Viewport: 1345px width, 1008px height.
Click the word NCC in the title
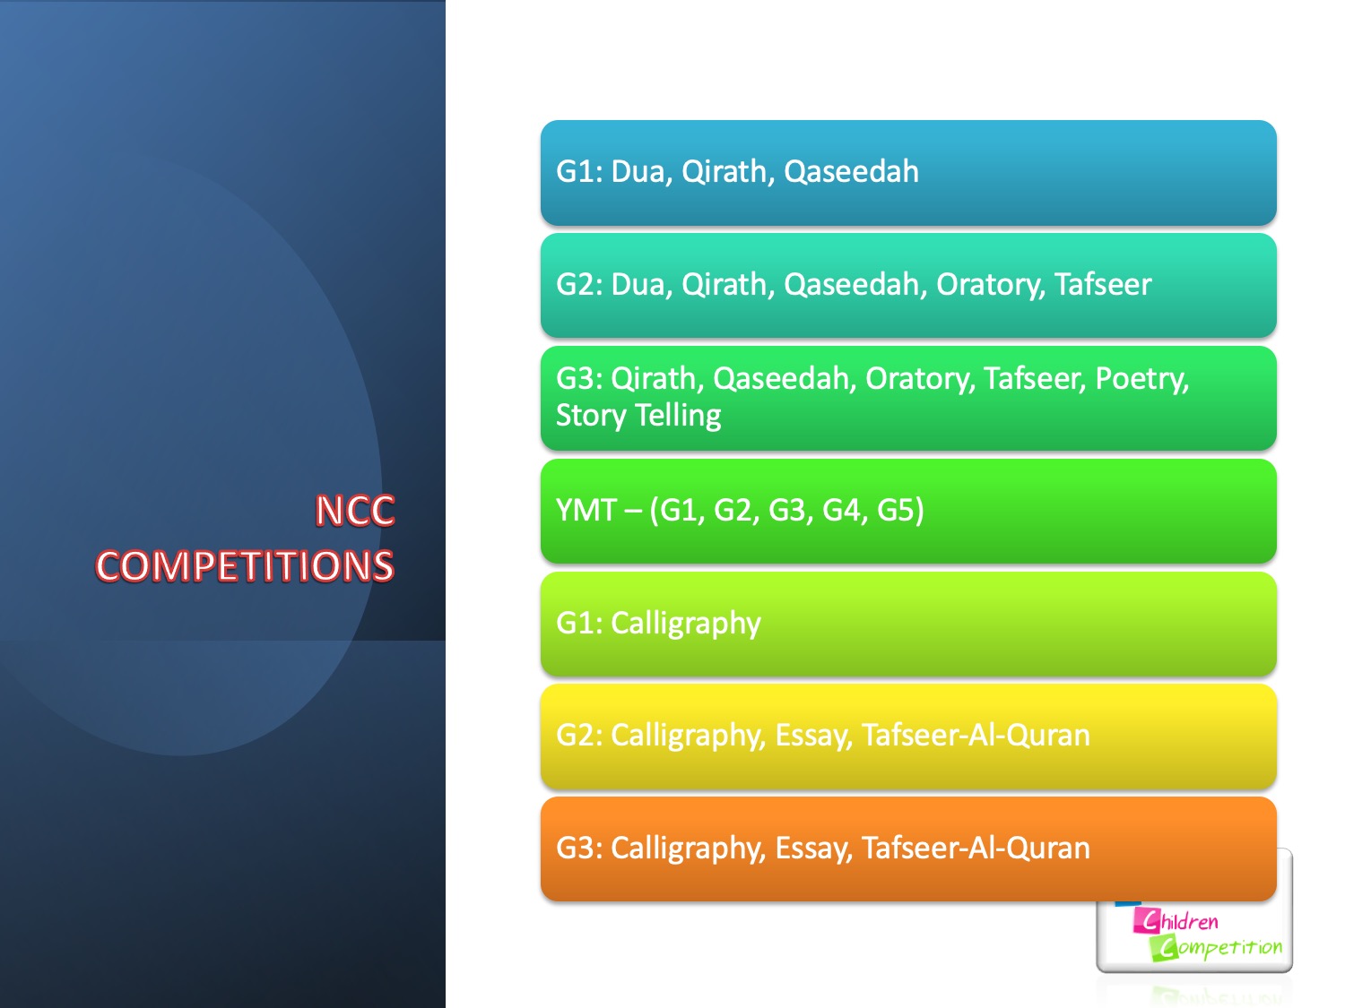[x=355, y=510]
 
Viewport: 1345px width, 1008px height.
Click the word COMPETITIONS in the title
[x=245, y=565]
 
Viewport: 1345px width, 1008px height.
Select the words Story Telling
[x=638, y=416]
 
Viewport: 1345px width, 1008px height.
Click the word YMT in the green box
[x=586, y=510]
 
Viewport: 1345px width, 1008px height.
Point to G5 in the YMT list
[x=900, y=511]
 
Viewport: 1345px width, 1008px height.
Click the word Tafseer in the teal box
[x=1103, y=285]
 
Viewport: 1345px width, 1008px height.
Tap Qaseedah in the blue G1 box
[x=851, y=171]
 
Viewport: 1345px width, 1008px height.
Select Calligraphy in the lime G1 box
[x=686, y=625]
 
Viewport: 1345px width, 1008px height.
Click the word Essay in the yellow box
[x=813, y=737]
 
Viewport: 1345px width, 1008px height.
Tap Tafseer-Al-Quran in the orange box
[x=976, y=849]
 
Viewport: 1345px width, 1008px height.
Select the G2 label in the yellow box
[x=579, y=736]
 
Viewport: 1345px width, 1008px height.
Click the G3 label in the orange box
[x=579, y=849]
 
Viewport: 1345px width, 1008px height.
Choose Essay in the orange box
[x=813, y=849]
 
